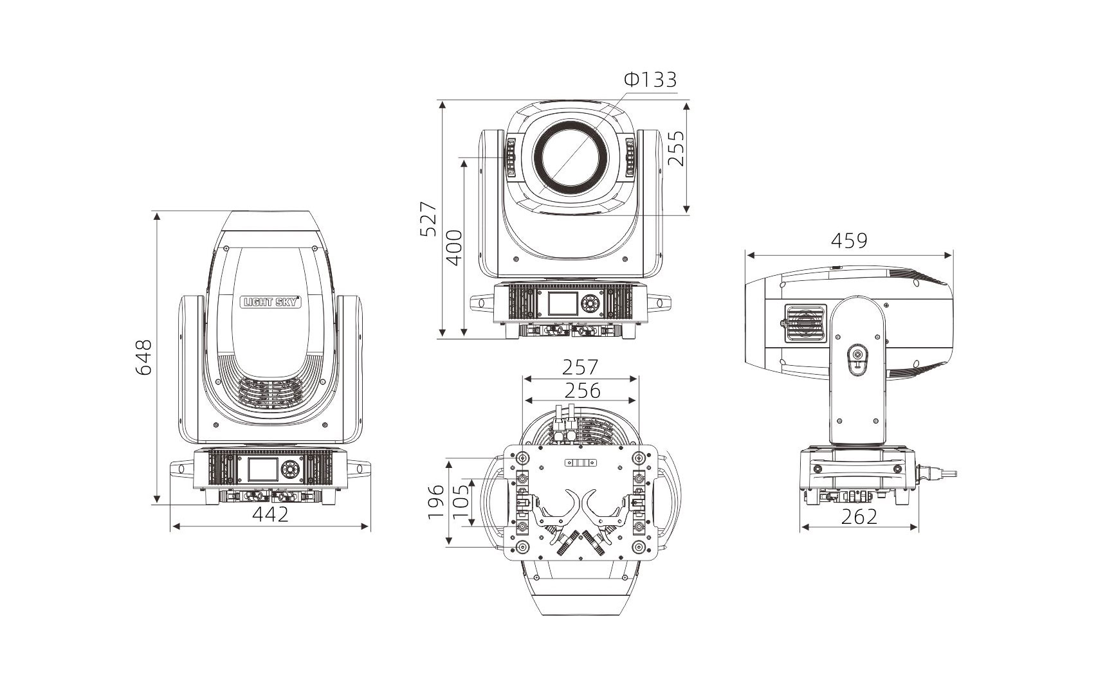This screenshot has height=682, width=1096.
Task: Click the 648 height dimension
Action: point(143,357)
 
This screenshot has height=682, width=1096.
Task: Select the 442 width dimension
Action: point(271,514)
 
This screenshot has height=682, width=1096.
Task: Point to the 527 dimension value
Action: point(428,219)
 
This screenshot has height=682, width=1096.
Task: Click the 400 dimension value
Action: point(455,248)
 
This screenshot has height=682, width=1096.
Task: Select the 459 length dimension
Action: point(850,240)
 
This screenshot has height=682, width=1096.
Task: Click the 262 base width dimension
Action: point(859,517)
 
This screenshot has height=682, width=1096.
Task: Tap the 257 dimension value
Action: point(580,367)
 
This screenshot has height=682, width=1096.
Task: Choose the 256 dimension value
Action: point(582,391)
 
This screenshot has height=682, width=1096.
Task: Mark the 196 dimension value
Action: point(436,502)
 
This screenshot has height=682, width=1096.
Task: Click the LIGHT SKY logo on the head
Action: point(271,301)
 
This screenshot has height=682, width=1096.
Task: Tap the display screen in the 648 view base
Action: point(263,470)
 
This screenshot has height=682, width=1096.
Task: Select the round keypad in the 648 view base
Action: point(290,470)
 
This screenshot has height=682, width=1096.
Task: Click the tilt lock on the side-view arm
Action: point(857,360)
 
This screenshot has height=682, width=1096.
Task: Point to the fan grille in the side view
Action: point(805,323)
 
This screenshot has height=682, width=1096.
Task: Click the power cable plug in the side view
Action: point(936,473)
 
